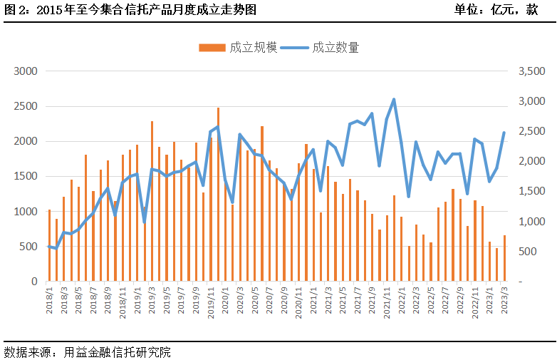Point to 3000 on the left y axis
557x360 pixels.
(26, 71)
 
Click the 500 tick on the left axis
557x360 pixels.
(28, 247)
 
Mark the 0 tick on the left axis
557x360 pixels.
(33, 282)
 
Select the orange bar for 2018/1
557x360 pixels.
(49, 245)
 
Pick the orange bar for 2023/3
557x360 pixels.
(504, 258)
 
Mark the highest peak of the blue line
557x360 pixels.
(394, 100)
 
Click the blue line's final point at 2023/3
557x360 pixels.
(504, 133)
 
